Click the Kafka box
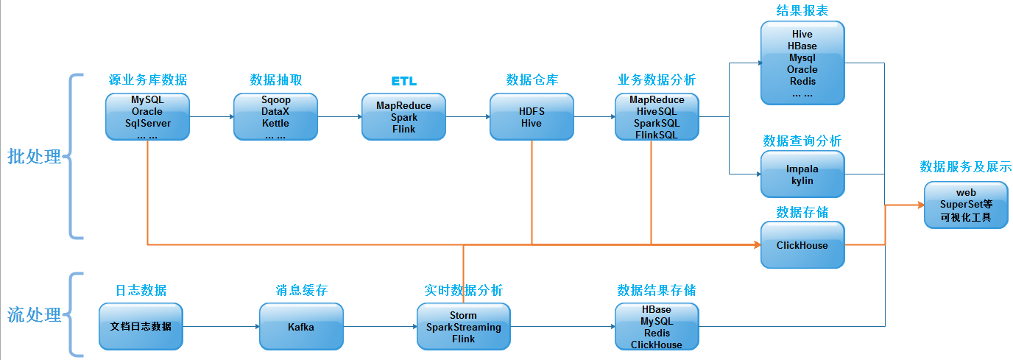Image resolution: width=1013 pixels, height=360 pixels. pyautogui.click(x=300, y=326)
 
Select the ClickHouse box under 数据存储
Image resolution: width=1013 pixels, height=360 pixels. pyautogui.click(x=802, y=245)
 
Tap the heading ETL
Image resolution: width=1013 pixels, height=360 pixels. pyautogui.click(x=403, y=81)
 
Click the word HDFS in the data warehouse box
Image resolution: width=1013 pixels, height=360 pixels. pyautogui.click(x=531, y=111)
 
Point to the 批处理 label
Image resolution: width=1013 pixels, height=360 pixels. pyautogui.click(x=35, y=156)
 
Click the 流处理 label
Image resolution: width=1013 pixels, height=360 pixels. pyautogui.click(x=35, y=315)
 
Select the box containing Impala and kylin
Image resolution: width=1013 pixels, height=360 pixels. pyautogui.click(x=802, y=174)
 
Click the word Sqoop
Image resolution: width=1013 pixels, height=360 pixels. pyautogui.click(x=275, y=99)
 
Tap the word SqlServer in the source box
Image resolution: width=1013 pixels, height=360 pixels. pyautogui.click(x=147, y=123)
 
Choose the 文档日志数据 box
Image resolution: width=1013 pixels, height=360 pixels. pyautogui.click(x=141, y=326)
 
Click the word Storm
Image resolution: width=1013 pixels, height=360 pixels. pyautogui.click(x=463, y=315)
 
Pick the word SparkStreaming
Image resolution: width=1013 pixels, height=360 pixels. pyautogui.click(x=463, y=327)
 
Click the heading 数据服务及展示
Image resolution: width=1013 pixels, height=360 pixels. pyautogui.click(x=965, y=167)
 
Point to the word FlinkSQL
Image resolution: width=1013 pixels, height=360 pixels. pyautogui.click(x=656, y=135)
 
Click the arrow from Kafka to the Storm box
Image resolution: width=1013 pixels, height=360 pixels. pyautogui.click(x=379, y=327)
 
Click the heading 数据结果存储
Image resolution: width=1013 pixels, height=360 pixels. pyautogui.click(x=656, y=290)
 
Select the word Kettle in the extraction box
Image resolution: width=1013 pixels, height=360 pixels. pyautogui.click(x=275, y=123)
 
